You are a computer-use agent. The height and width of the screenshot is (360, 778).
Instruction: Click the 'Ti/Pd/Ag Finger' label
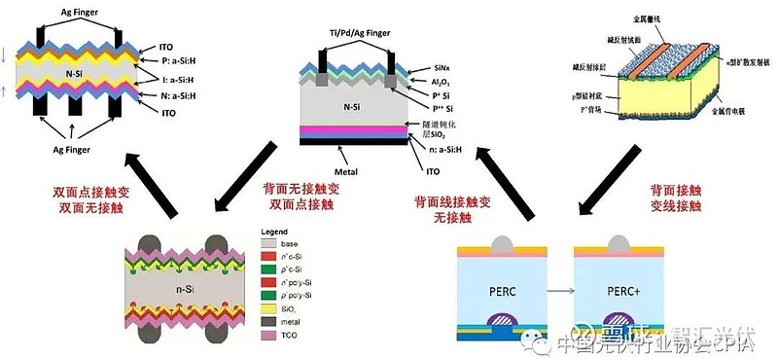360,33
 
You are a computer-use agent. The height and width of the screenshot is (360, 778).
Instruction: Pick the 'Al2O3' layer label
421,86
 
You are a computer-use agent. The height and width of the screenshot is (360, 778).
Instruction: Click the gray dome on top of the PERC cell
503,240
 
